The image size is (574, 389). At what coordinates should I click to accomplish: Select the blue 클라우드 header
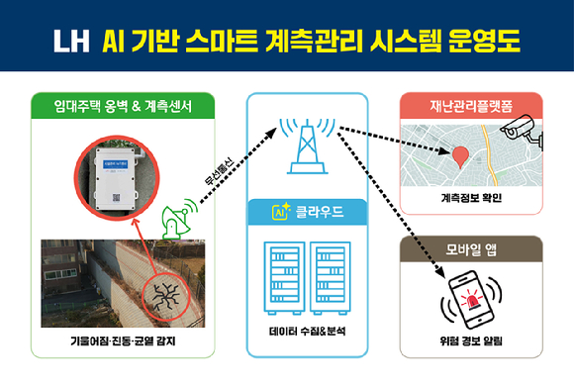[307, 211]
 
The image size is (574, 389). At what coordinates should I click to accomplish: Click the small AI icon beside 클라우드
[280, 211]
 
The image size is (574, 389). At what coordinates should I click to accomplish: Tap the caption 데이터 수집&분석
[307, 331]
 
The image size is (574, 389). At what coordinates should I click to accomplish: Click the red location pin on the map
[459, 155]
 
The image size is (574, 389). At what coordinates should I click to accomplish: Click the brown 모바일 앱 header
[471, 248]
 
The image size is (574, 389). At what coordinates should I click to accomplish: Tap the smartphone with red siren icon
[471, 297]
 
